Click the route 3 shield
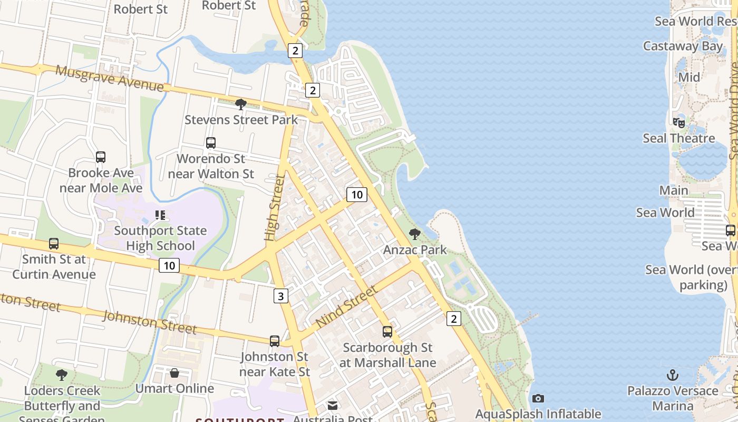pos(280,296)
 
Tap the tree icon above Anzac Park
pos(415,234)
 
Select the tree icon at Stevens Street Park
pos(241,104)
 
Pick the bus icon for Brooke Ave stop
pos(101,157)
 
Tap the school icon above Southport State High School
pos(160,215)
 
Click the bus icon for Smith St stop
pos(54,244)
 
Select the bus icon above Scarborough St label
pos(387,332)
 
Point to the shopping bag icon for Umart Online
pos(174,373)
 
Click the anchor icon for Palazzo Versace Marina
pos(673,376)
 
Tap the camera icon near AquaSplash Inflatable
pos(538,398)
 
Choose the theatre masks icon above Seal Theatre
pos(679,123)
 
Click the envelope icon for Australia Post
pos(333,406)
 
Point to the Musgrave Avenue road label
pos(110,78)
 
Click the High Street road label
pos(275,208)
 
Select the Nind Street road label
pos(347,306)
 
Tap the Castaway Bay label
pos(683,46)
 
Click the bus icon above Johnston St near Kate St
pos(275,341)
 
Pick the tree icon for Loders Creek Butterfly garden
pos(62,375)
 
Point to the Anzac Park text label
pos(415,250)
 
